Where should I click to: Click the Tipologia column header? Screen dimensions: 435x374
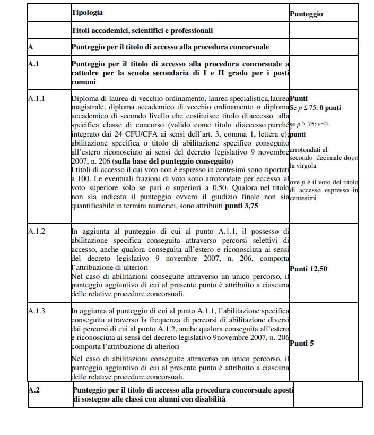87,12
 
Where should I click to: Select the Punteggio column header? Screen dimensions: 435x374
306,14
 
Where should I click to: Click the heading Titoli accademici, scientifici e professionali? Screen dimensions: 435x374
142,31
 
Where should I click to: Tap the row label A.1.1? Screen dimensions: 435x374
37,98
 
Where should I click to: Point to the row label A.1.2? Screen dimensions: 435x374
37,232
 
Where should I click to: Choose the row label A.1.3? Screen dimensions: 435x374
37,310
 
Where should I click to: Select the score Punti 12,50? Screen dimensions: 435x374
309,269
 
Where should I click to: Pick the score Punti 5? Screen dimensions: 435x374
302,343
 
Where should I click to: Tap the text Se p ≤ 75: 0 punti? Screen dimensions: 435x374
316,108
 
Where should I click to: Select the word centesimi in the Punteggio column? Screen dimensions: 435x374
304,198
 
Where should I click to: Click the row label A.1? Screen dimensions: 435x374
33,64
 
